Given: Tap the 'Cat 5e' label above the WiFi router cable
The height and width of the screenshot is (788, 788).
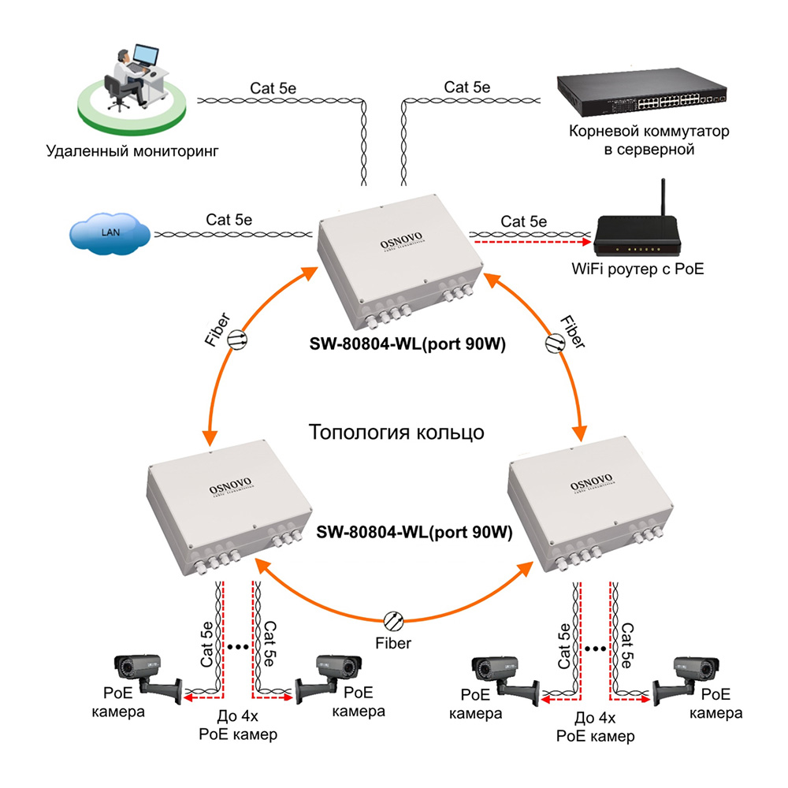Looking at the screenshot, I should pos(524,221).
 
